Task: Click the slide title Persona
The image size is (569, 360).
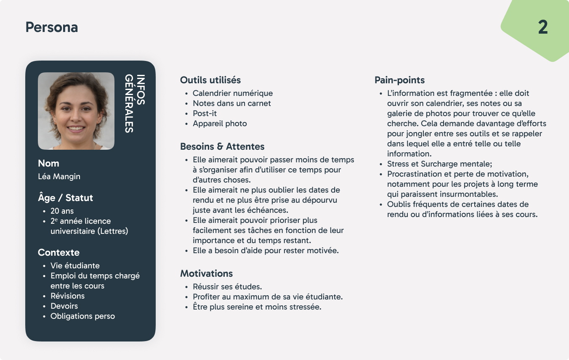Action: click(x=52, y=27)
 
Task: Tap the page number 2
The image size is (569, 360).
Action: click(x=543, y=28)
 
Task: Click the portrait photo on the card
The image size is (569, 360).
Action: click(x=76, y=111)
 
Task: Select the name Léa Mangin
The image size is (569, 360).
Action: click(x=59, y=177)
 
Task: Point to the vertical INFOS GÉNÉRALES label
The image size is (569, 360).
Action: click(x=135, y=103)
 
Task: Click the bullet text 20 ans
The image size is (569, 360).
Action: click(x=62, y=211)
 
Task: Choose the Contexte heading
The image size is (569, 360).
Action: click(x=58, y=252)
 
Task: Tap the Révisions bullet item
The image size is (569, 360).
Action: click(x=67, y=296)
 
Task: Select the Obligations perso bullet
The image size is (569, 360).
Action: click(x=82, y=316)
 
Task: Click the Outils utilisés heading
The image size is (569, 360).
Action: click(x=210, y=80)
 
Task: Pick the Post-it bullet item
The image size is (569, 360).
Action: click(x=205, y=114)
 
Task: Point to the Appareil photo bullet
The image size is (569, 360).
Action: click(x=220, y=124)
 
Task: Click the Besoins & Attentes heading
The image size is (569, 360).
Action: click(x=222, y=147)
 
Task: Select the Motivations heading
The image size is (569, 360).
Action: click(x=206, y=273)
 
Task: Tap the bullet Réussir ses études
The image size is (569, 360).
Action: click(x=227, y=287)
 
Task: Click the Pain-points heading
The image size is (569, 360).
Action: click(x=399, y=80)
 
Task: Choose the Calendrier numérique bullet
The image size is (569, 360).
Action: click(x=233, y=93)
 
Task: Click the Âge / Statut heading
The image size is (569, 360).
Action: click(x=65, y=198)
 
